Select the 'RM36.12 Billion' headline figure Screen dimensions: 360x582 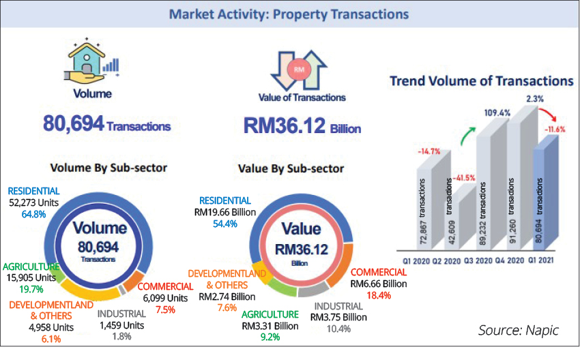click(x=301, y=125)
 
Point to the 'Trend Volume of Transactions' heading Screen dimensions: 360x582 click(x=481, y=81)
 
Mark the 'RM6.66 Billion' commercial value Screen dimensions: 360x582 click(x=377, y=284)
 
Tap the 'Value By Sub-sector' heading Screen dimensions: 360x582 click(x=291, y=168)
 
